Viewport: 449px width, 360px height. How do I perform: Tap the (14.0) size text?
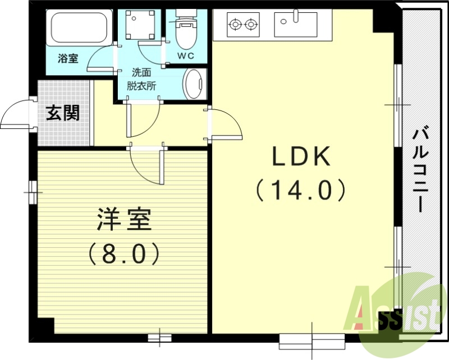(301, 191)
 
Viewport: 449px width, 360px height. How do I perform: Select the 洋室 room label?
(124, 220)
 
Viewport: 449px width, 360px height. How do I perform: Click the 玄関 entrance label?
(62, 113)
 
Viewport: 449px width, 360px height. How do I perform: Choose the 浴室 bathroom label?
(68, 58)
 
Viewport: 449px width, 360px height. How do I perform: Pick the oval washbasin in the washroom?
(194, 84)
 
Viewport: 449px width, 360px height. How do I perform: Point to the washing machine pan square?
(140, 24)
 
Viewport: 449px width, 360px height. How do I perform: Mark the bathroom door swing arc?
(102, 59)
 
